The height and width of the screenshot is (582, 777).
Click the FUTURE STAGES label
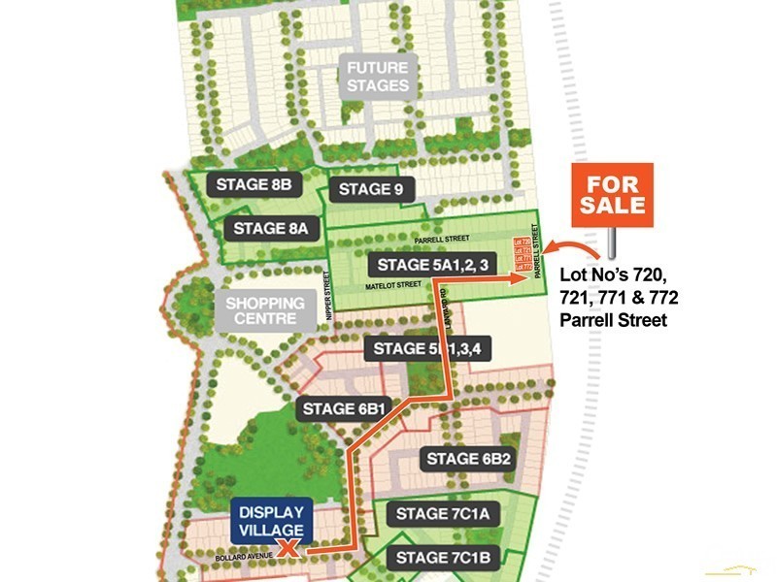coord(378,76)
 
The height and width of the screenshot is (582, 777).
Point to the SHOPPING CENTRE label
coord(264,310)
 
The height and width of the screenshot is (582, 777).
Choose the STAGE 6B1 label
coord(345,408)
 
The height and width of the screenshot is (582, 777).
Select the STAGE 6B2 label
coord(469,458)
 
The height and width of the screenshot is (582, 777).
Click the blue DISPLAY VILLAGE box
coord(271,521)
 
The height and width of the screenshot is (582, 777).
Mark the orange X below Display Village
coord(287,550)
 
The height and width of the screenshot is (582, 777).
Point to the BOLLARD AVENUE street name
coord(243,559)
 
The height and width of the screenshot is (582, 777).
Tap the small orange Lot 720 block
coord(522,242)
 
